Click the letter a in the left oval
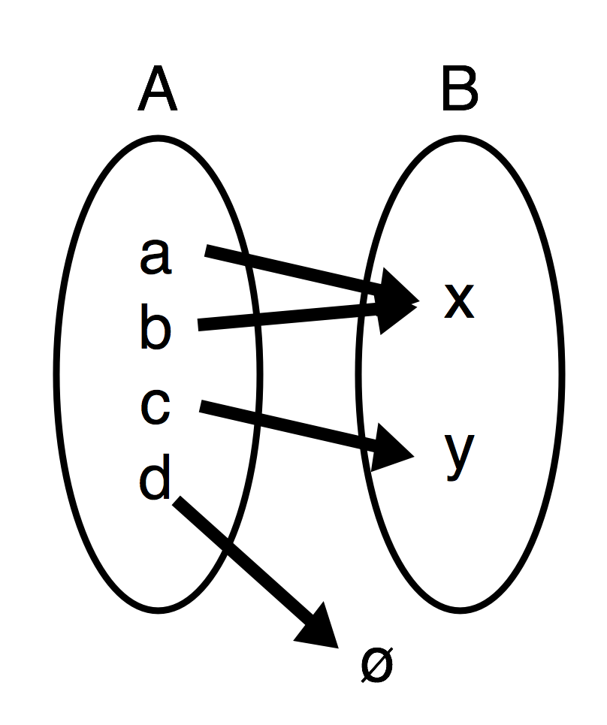point(155,256)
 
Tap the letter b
point(155,329)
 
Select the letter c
point(155,407)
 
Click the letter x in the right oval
point(459,301)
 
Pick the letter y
point(459,453)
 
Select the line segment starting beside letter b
point(225,322)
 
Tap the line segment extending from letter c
point(227,412)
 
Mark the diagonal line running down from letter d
point(201,521)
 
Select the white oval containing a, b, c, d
point(113,376)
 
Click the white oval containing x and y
point(511,376)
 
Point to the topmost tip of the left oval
point(159,143)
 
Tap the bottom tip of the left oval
point(159,605)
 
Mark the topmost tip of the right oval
point(460,143)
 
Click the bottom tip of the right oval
point(460,605)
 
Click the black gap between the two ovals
point(309,376)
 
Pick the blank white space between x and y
point(459,376)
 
